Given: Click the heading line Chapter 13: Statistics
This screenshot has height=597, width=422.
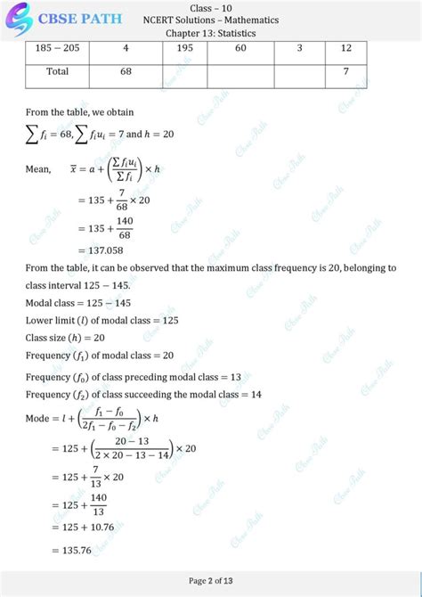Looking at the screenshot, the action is coord(210,33).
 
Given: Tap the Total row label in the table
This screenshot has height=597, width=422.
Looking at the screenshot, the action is coord(58,71).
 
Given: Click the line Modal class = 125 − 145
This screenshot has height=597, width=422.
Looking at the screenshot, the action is coord(86,303).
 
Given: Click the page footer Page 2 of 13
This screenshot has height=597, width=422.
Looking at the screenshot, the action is coord(210,581).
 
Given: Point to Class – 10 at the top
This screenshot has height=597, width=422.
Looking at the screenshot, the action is coord(210,7).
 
